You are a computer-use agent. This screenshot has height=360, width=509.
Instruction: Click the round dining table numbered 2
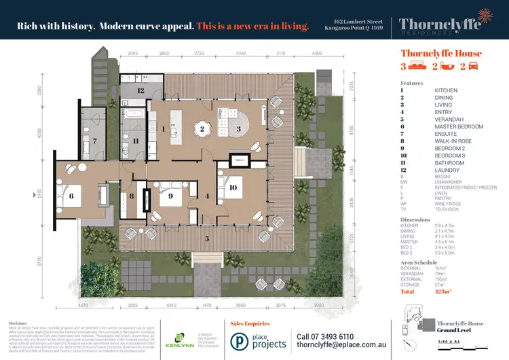[x=202, y=128]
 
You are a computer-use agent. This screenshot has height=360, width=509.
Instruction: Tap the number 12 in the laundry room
[x=140, y=90]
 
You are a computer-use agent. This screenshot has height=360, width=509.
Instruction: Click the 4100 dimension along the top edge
[x=241, y=52]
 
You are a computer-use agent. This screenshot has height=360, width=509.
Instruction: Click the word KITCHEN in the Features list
[x=445, y=90]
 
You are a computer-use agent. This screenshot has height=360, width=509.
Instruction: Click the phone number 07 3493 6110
[x=325, y=336]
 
